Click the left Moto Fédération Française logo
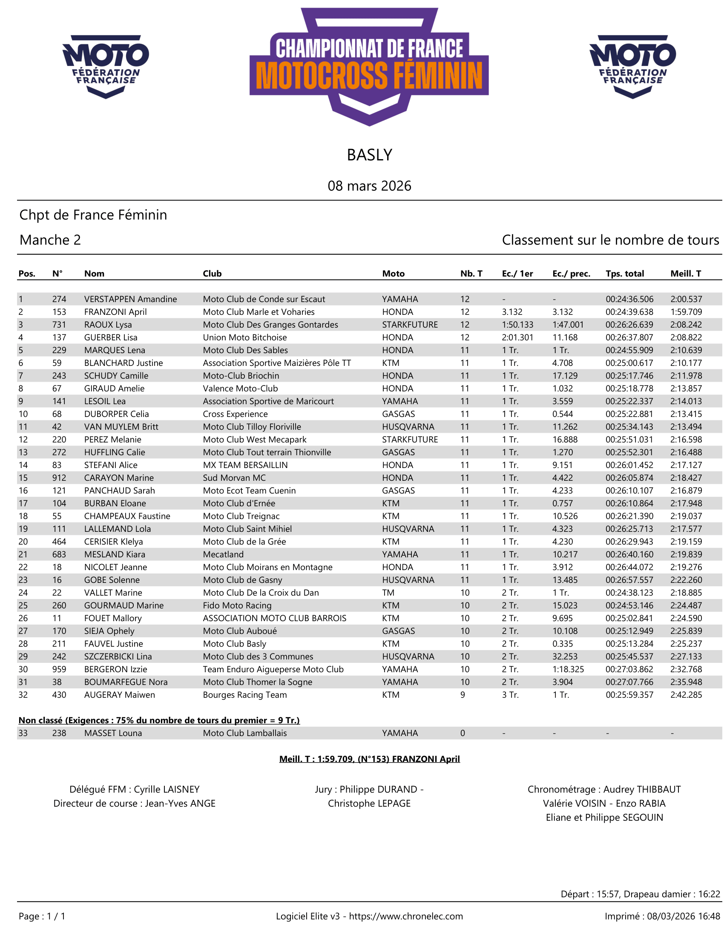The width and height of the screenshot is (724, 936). [x=106, y=66]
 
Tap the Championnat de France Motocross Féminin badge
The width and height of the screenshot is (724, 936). [x=369, y=66]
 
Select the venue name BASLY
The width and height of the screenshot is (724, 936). [x=369, y=155]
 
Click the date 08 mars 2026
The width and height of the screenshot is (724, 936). [x=369, y=185]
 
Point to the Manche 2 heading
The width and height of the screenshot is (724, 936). [x=50, y=240]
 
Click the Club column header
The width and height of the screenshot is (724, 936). [x=212, y=274]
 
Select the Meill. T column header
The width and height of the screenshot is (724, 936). [x=685, y=274]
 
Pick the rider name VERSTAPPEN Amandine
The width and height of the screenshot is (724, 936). [x=130, y=299]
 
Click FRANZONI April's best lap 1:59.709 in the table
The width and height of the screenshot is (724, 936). [x=686, y=312]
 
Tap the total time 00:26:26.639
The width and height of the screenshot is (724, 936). [x=629, y=325]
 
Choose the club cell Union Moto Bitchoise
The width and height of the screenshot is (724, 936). [x=244, y=338]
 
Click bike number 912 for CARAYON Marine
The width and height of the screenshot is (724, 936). [x=59, y=478]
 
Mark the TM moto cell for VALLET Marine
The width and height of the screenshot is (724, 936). [x=388, y=593]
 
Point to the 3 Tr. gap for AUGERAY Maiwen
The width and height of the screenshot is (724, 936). [x=510, y=695]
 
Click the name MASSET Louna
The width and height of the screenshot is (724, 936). [x=113, y=733]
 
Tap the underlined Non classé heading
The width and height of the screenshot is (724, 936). [x=159, y=720]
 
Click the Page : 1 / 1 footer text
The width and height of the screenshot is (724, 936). [x=42, y=916]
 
